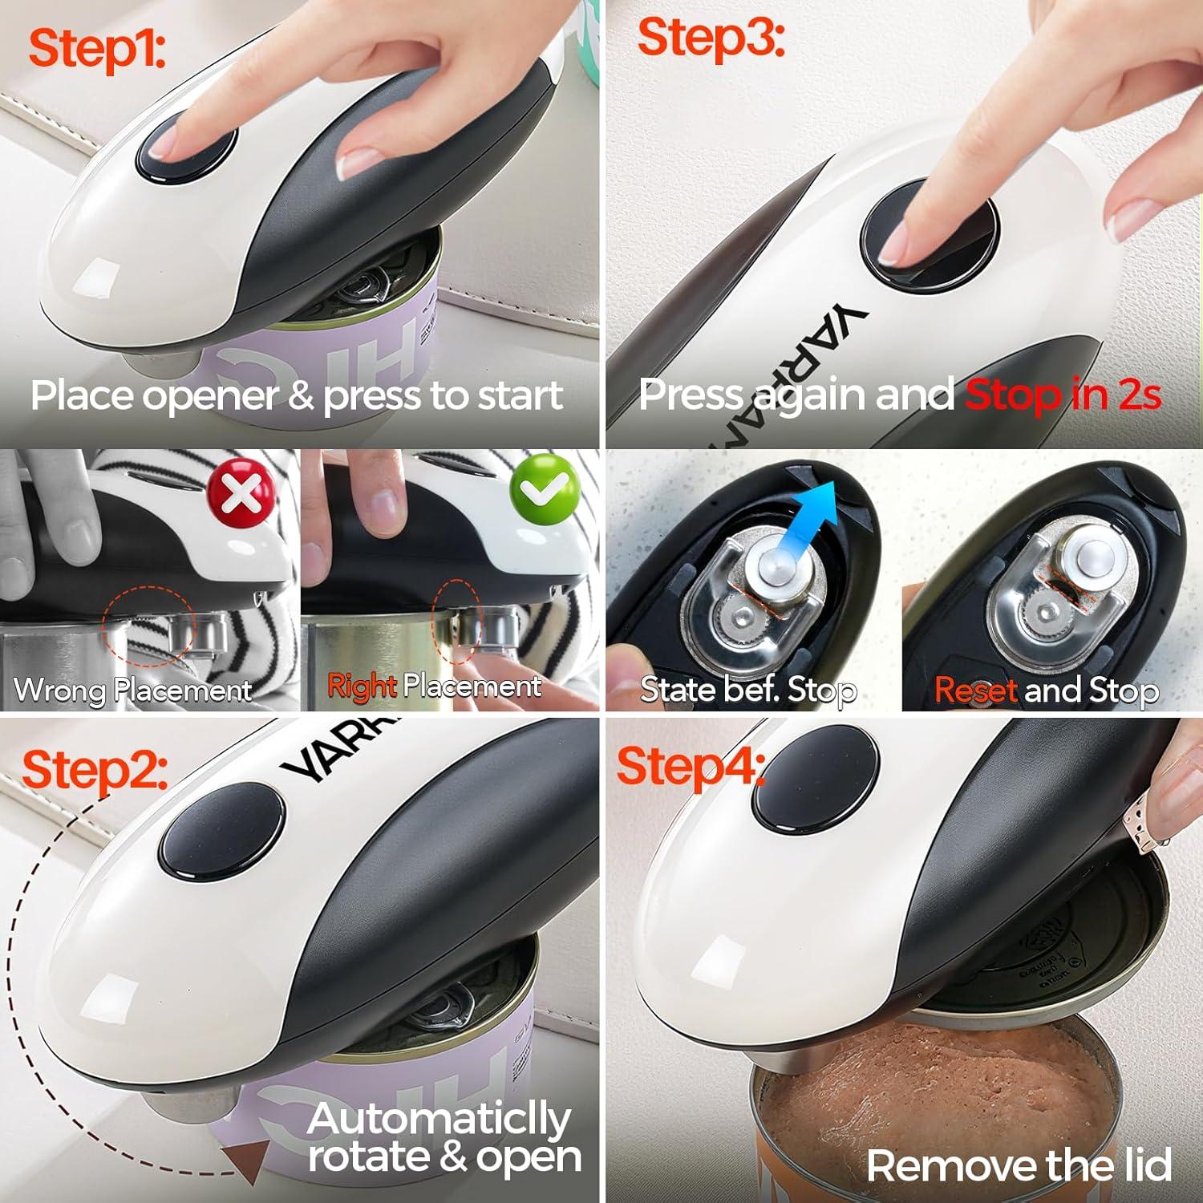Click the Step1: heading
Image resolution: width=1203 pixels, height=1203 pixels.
pyautogui.click(x=97, y=50)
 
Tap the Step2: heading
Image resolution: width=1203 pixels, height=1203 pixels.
pyautogui.click(x=95, y=770)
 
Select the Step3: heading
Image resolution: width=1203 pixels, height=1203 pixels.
pyautogui.click(x=711, y=38)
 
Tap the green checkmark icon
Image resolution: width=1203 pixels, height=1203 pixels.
pyautogui.click(x=545, y=488)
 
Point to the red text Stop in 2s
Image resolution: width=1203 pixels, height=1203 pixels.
pyautogui.click(x=1063, y=395)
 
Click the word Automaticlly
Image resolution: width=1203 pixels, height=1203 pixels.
pyautogui.click(x=439, y=1120)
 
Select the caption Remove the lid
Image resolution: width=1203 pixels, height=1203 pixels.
pyautogui.click(x=1019, y=1165)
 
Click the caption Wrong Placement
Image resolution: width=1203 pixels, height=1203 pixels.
pyautogui.click(x=133, y=690)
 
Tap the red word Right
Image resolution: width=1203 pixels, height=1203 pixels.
pyautogui.click(x=362, y=687)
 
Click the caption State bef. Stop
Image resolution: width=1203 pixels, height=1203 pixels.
pyautogui.click(x=748, y=690)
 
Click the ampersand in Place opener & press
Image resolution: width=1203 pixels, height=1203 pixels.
pyautogui.click(x=302, y=396)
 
